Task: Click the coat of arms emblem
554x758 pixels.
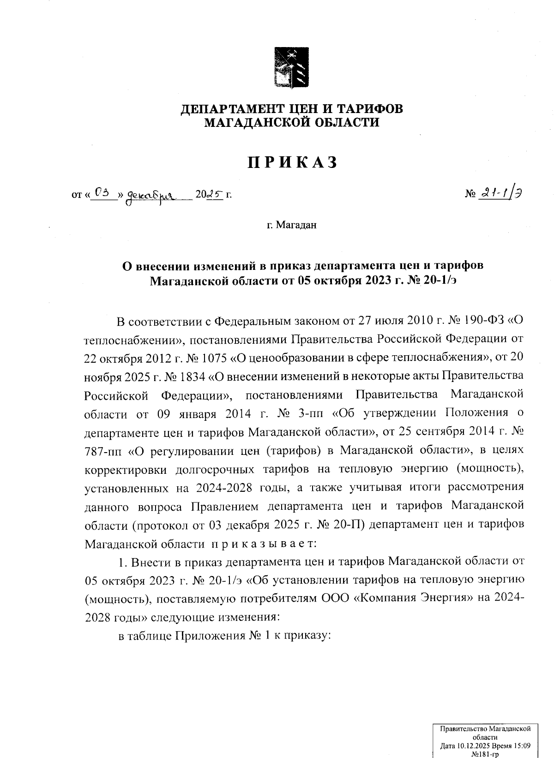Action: coord(291,67)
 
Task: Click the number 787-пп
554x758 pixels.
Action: coord(102,450)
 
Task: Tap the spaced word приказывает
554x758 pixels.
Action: coord(263,543)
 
